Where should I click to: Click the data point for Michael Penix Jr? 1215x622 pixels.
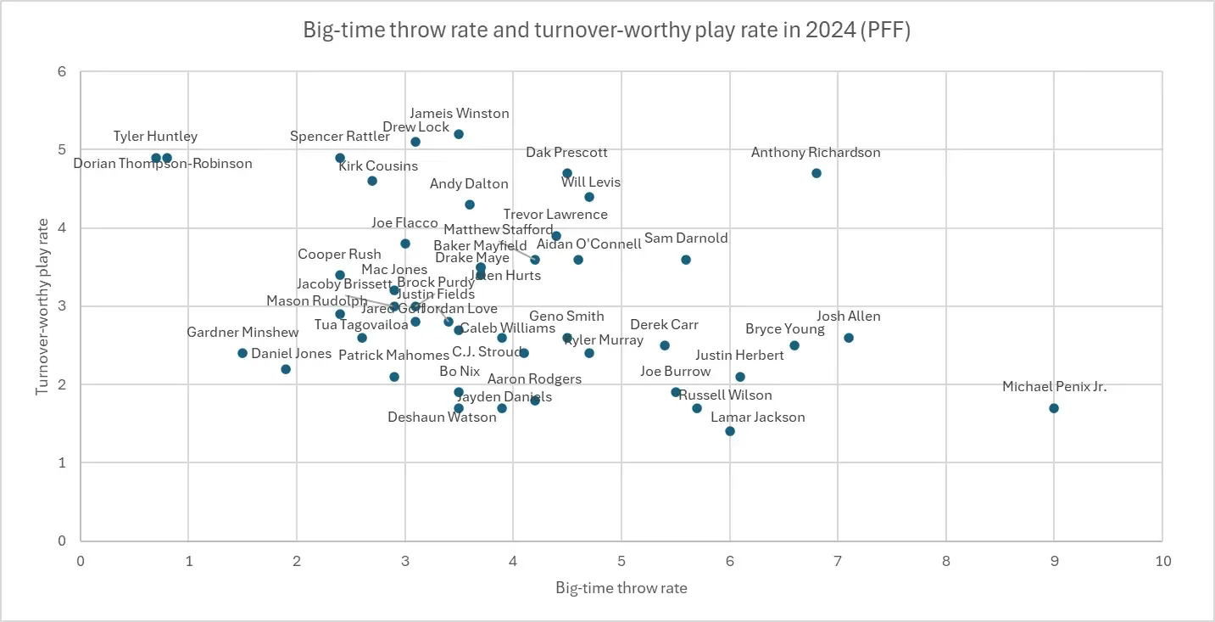pos(1054,408)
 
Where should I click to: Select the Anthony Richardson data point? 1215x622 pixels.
pos(817,173)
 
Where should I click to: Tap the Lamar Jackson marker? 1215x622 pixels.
pos(730,431)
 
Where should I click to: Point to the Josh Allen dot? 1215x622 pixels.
pos(849,338)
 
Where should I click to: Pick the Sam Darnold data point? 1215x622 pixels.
pos(686,260)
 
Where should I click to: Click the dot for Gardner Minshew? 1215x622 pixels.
pos(242,353)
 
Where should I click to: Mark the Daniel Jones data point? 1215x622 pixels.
pos(286,369)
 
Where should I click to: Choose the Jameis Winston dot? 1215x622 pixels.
pos(459,134)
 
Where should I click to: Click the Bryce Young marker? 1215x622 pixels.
pos(794,345)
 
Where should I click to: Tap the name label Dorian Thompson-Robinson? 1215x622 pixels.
pos(163,164)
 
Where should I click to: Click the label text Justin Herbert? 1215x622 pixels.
pos(733,356)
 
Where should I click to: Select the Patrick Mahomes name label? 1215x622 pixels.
pos(393,356)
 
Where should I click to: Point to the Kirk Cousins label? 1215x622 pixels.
pos(378,166)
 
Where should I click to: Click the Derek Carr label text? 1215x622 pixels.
pos(665,325)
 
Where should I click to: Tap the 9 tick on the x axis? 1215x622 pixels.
pos(1054,561)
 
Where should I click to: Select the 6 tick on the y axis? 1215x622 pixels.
pos(61,72)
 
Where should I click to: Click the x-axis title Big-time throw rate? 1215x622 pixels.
pos(621,588)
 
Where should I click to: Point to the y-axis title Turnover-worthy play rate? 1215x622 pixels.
pos(42,306)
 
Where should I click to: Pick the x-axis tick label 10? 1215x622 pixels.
pos(1162,561)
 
